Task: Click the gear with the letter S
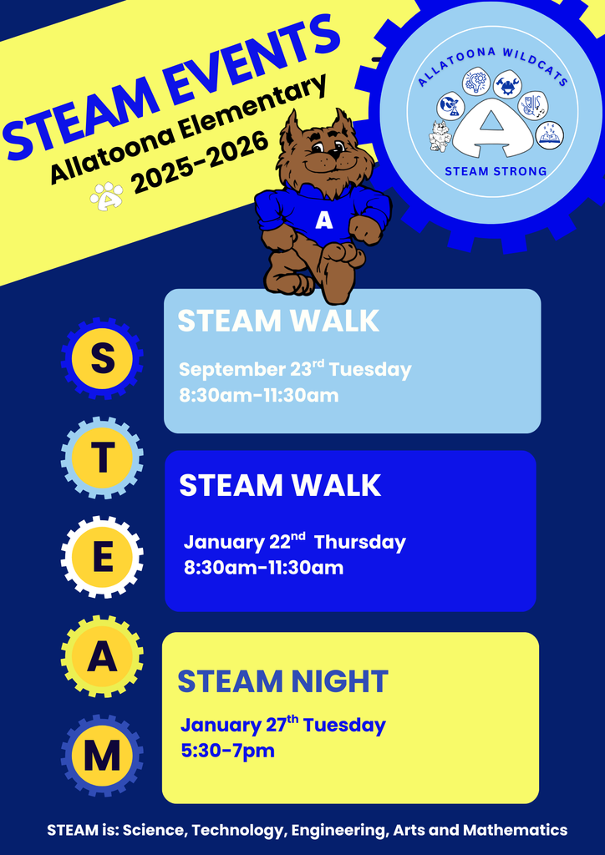pos(102,358)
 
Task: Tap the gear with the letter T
pos(102,458)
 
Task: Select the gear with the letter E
pos(102,557)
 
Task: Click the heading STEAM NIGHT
pos(282,681)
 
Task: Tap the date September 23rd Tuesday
pos(295,369)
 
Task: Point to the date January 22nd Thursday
pos(294,542)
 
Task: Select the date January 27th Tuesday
pos(282,725)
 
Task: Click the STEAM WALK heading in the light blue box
pos(278,321)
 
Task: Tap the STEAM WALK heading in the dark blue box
pos(280,485)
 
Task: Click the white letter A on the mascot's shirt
pos(324,221)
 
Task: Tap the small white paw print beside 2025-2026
pos(107,197)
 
